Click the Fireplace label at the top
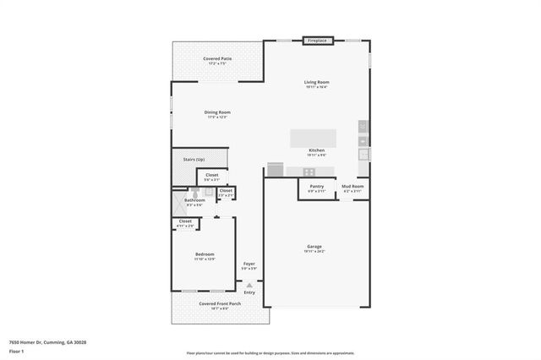[x=318, y=40]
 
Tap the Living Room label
[x=316, y=82]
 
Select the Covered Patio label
[x=217, y=58]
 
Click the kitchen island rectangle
[x=312, y=138]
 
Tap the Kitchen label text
[x=317, y=151]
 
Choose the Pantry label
[x=317, y=186]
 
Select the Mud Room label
[x=352, y=186]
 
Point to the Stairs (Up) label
[x=194, y=159]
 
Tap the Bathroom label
[x=194, y=200]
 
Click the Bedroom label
[x=205, y=254]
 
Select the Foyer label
[x=249, y=264]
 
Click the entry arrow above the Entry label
[x=249, y=285]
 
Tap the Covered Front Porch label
[x=219, y=303]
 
